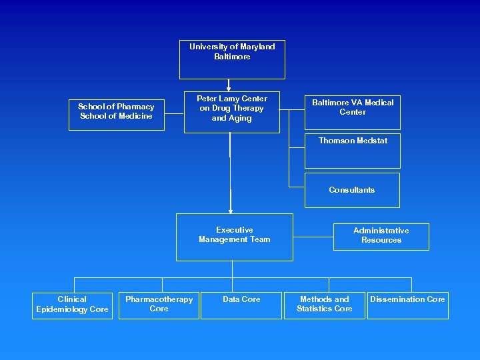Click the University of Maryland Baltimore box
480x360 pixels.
pyautogui.click(x=232, y=60)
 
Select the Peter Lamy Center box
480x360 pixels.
pyautogui.click(x=231, y=111)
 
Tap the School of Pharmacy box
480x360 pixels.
pyautogui.click(x=117, y=112)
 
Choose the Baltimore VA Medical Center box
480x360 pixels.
pyautogui.click(x=353, y=111)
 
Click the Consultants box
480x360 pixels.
pyautogui.click(x=352, y=191)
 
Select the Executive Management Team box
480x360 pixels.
pyautogui.click(x=234, y=237)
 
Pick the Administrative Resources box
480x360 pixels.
pyautogui.click(x=381, y=237)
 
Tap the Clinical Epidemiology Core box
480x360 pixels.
pyautogui.click(x=72, y=305)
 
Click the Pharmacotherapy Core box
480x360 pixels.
pyautogui.click(x=159, y=305)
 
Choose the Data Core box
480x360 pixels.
pyautogui.click(x=241, y=305)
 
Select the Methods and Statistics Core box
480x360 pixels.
pyautogui.click(x=325, y=305)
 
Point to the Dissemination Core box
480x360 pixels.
pyautogui.click(x=407, y=305)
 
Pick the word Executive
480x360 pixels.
pyautogui.click(x=235, y=230)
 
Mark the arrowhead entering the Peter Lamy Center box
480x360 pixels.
pyautogui.click(x=229, y=87)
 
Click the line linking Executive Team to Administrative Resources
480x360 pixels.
pyautogui.click(x=313, y=236)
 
